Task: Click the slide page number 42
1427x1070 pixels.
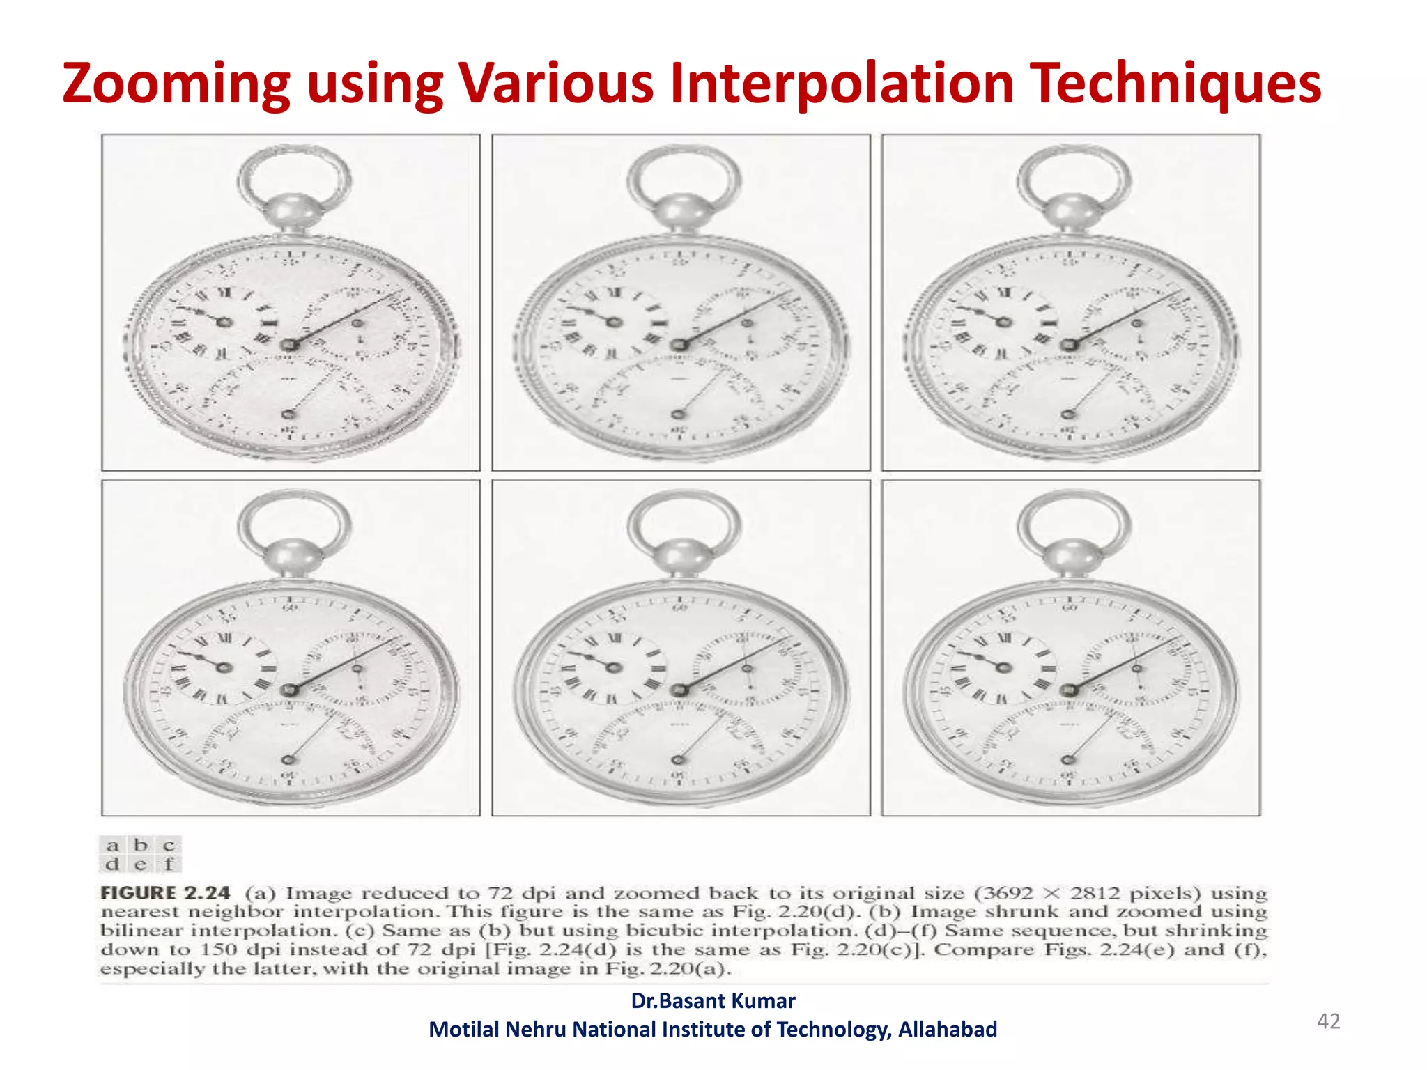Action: (1328, 1021)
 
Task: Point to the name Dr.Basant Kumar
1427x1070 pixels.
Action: (713, 1000)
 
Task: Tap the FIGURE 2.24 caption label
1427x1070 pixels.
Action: (165, 893)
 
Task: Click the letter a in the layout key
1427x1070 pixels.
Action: (112, 846)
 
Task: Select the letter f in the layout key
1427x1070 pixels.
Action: (169, 864)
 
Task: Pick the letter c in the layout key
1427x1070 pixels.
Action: (169, 846)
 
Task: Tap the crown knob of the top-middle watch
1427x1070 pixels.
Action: (681, 210)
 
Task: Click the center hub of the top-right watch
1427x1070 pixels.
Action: (1070, 345)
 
